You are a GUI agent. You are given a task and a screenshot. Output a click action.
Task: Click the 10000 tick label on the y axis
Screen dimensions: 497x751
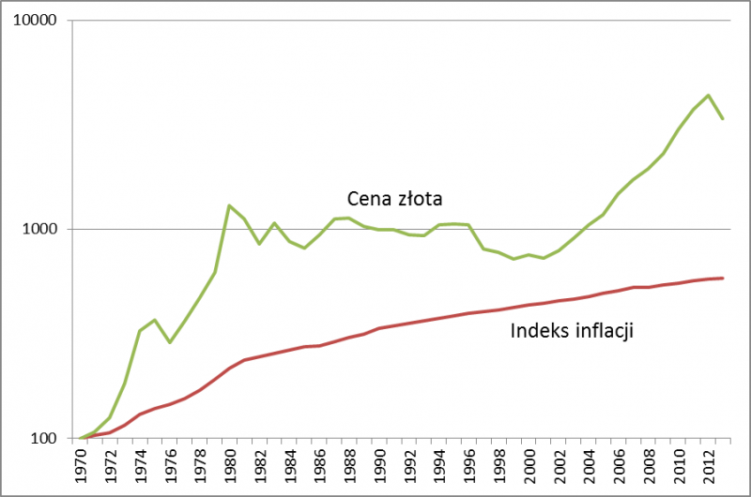coord(37,21)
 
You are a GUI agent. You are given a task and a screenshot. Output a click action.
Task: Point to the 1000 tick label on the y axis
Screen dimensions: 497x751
coord(40,230)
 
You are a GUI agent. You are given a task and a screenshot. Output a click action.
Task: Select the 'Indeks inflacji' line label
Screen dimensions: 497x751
coord(572,330)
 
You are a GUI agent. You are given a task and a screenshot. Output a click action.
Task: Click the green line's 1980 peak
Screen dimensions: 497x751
coord(229,205)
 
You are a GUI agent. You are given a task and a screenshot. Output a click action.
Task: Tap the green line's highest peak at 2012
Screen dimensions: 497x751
coord(708,95)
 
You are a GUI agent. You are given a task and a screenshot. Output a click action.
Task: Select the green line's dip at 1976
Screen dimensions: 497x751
coord(170,342)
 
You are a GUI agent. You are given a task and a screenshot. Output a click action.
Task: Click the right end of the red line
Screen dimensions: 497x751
coord(722,278)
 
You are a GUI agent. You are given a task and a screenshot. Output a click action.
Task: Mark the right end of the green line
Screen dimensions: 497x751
coord(722,119)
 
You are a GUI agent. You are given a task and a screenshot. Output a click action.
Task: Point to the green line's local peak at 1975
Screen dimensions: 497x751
coord(155,320)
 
